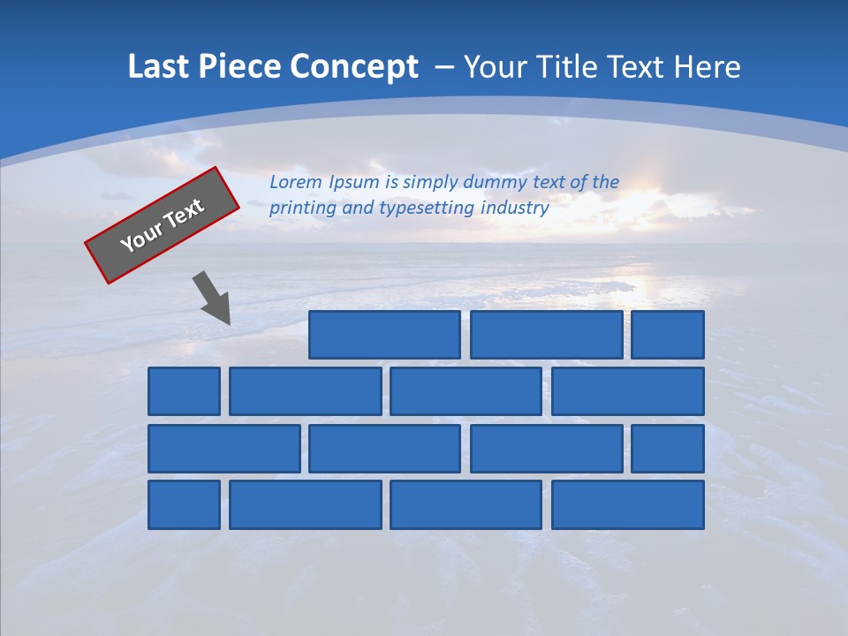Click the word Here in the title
(x=707, y=67)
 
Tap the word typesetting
(x=427, y=208)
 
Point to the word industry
(x=515, y=208)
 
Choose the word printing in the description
(x=301, y=208)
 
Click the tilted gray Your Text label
(x=163, y=225)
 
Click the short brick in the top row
(x=668, y=335)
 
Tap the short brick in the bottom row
(x=184, y=504)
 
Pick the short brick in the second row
(x=184, y=391)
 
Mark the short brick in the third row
(x=668, y=448)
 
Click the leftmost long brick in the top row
(x=384, y=335)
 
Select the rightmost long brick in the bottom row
(x=628, y=504)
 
